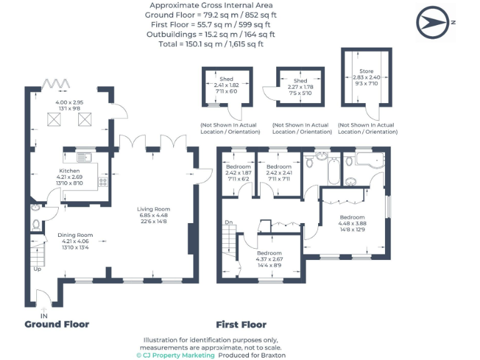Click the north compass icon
(433, 22)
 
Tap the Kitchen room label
(69, 171)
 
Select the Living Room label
(154, 209)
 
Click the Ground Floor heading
(57, 324)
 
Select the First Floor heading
(241, 324)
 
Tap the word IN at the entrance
(44, 316)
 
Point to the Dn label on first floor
(229, 222)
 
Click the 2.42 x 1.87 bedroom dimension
(237, 173)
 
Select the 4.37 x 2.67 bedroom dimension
(269, 259)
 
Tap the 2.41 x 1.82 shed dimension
(226, 86)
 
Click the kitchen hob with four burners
(102, 182)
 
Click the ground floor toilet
(36, 224)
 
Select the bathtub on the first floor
(332, 171)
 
